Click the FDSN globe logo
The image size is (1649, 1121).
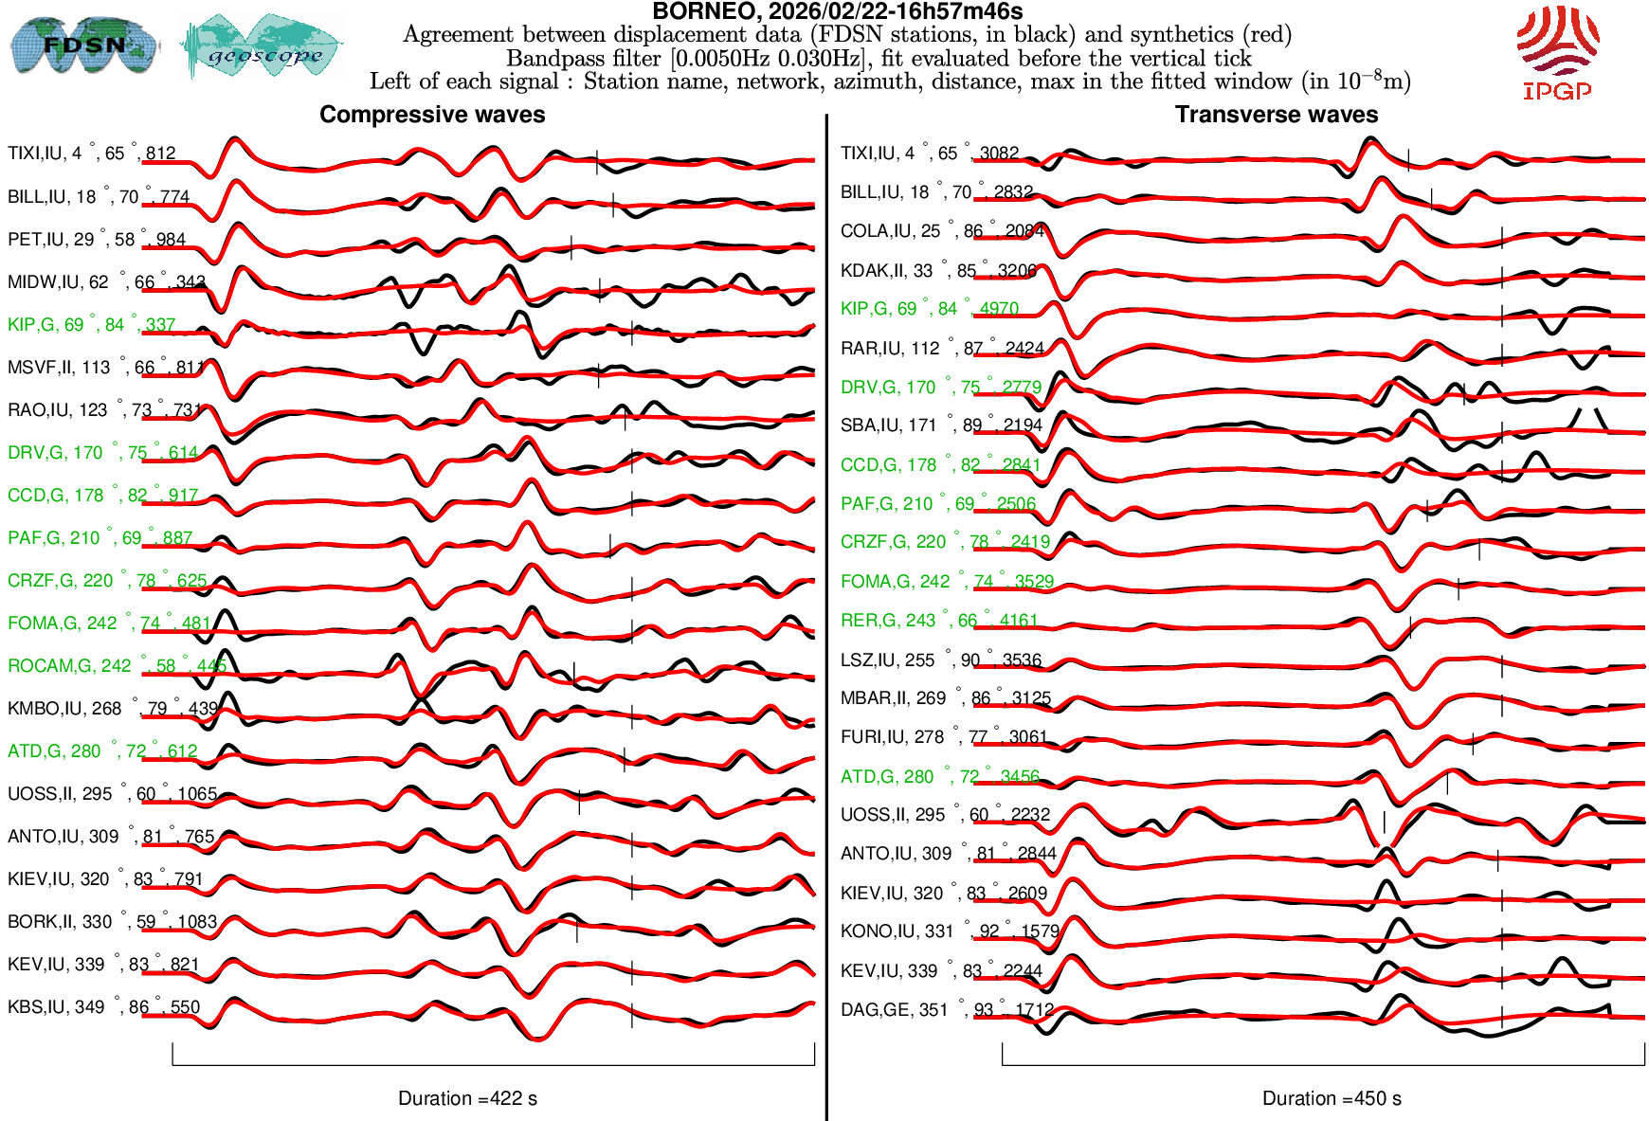[83, 45]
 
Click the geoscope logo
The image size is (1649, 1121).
[263, 46]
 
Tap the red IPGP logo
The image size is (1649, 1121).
[1556, 53]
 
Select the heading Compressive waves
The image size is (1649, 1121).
[432, 115]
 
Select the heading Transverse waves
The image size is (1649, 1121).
[1276, 115]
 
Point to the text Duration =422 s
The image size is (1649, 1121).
[467, 1098]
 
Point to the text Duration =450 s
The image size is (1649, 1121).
[1332, 1098]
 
